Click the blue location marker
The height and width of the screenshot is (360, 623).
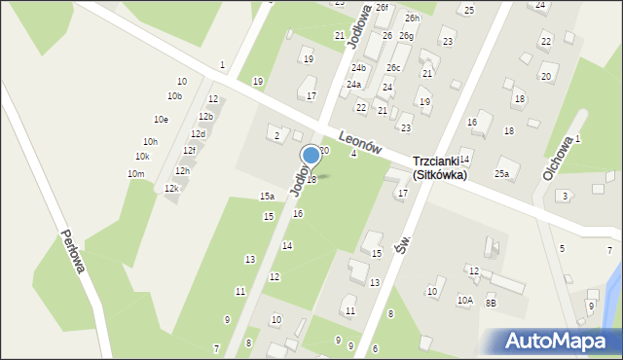point(311,155)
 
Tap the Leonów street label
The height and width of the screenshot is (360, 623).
point(360,142)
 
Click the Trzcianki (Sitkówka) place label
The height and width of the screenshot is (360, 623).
point(439,168)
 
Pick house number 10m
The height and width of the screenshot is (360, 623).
point(135,173)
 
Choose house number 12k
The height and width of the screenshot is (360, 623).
point(171,188)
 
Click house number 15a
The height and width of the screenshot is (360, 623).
point(267,197)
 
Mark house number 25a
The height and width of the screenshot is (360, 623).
point(501,173)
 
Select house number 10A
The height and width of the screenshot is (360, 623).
point(465,301)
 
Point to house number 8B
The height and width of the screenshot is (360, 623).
point(492,303)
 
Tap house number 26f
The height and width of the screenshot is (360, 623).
point(382,7)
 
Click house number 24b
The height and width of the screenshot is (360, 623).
point(358,68)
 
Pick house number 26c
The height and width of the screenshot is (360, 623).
point(392,68)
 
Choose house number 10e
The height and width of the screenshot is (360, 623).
point(161,119)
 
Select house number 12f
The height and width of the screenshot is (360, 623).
point(190,150)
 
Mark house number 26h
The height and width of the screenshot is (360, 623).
point(413,18)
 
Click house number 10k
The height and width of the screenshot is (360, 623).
point(142,157)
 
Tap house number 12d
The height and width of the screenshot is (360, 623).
point(198,133)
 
